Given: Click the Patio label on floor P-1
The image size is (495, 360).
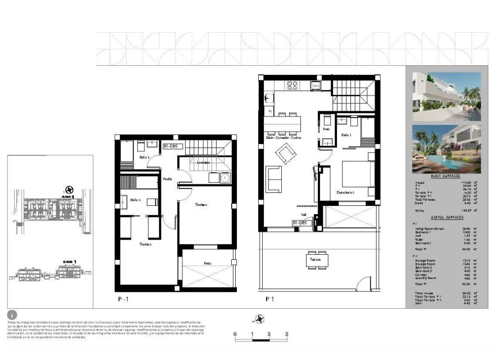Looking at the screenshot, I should pyautogui.click(x=207, y=263).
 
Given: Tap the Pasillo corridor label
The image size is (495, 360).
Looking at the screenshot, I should pyautogui.click(x=168, y=179).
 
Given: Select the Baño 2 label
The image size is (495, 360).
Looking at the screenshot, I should pyautogui.click(x=136, y=200).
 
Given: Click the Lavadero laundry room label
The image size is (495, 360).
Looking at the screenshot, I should pyautogui.click(x=203, y=163).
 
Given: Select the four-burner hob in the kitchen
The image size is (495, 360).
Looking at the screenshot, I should pyautogui.click(x=292, y=85).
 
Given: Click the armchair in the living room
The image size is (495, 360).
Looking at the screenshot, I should pyautogui.click(x=285, y=152).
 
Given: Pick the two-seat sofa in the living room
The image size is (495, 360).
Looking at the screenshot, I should pyautogui.click(x=274, y=179).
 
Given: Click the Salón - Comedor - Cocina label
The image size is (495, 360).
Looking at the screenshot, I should pyautogui.click(x=283, y=138).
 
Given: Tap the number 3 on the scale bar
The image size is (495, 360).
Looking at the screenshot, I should pyautogui.click(x=287, y=335).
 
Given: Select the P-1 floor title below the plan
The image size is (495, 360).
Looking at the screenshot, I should pyautogui.click(x=123, y=300).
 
